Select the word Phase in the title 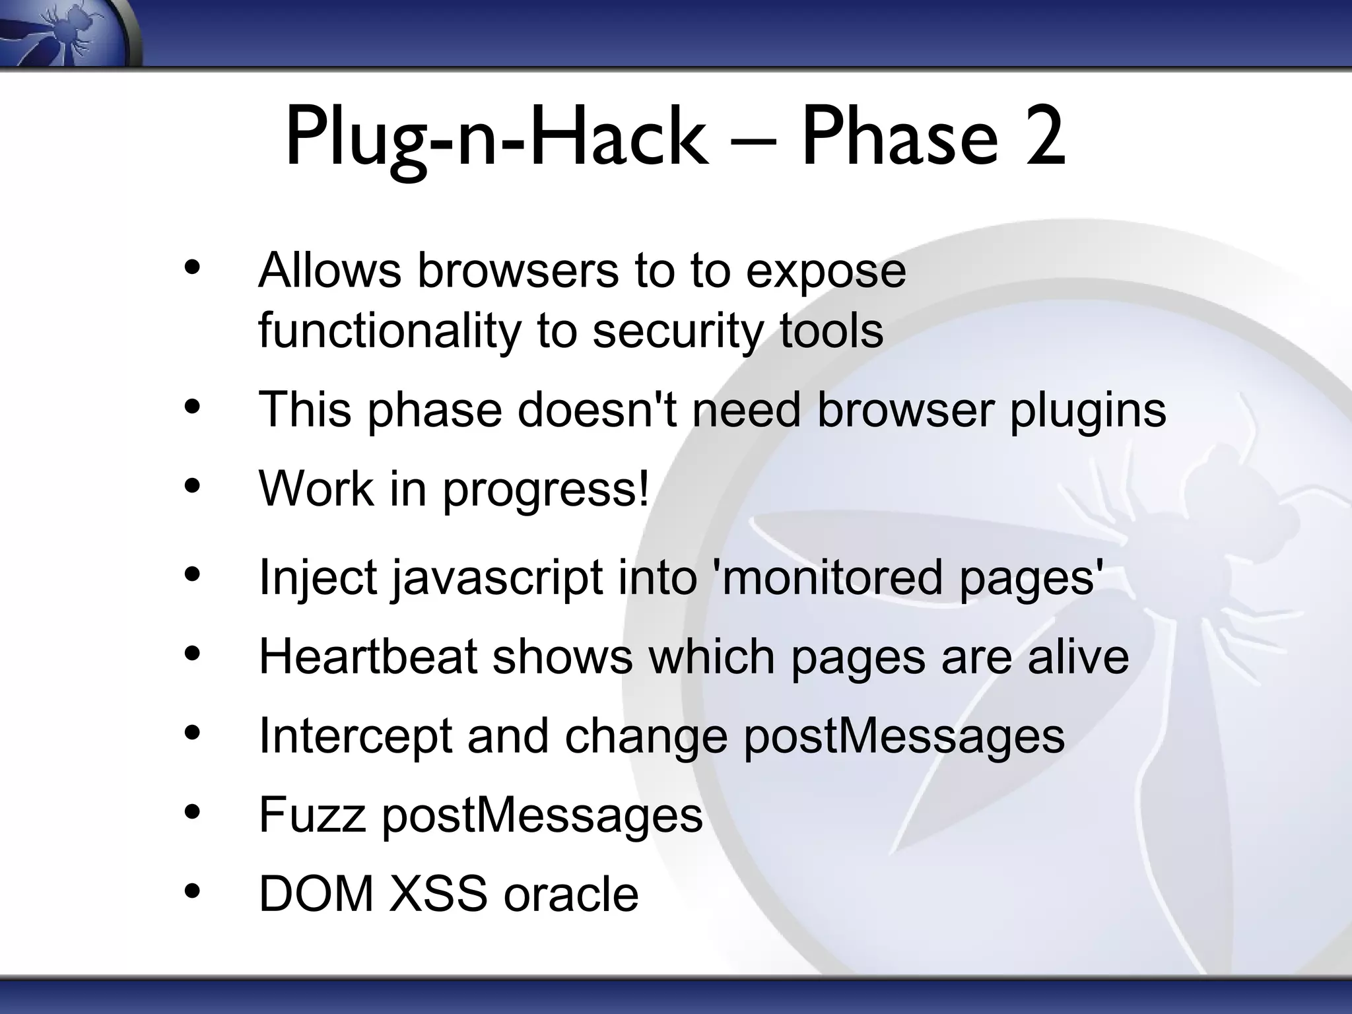pos(898,139)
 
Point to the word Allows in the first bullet pos(329,270)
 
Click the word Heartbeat pos(368,656)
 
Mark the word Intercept pos(355,737)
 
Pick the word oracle pos(571,894)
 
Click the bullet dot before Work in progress pos(192,487)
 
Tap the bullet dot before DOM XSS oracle pos(192,892)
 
